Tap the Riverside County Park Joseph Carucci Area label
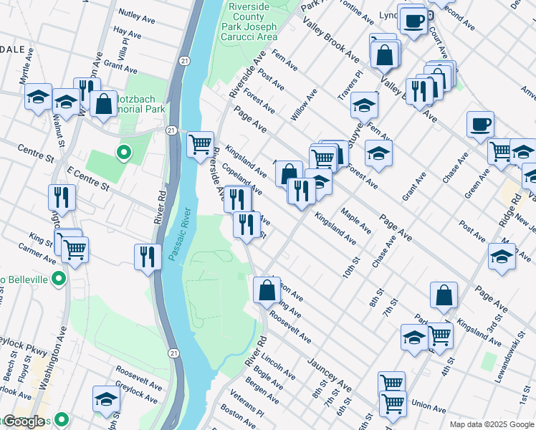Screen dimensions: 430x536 tap(252, 21)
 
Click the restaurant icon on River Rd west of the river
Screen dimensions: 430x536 tap(148, 256)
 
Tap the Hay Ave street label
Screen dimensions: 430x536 tap(128, 33)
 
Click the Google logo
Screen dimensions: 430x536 tap(24, 421)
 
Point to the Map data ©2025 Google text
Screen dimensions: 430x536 tap(492, 424)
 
